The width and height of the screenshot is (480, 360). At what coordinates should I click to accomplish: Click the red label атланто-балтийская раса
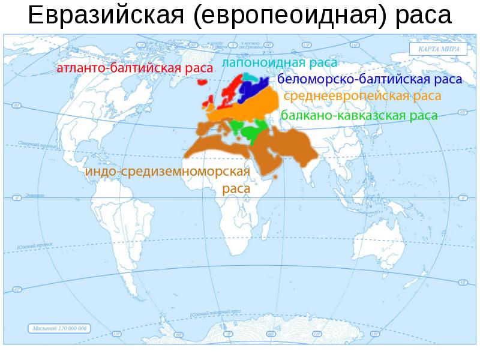coord(134,69)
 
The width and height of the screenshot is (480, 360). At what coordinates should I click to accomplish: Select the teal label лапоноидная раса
coord(279,62)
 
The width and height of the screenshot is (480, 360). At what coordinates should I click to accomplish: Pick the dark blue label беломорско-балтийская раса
coord(369,80)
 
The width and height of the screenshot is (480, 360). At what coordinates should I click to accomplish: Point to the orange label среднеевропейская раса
coord(362,96)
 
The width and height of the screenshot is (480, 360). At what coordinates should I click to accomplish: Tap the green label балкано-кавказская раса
coord(359,115)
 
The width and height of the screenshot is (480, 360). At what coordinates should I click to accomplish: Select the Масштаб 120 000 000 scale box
coord(59,328)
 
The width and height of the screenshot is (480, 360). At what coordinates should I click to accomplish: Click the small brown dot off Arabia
coord(275,178)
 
